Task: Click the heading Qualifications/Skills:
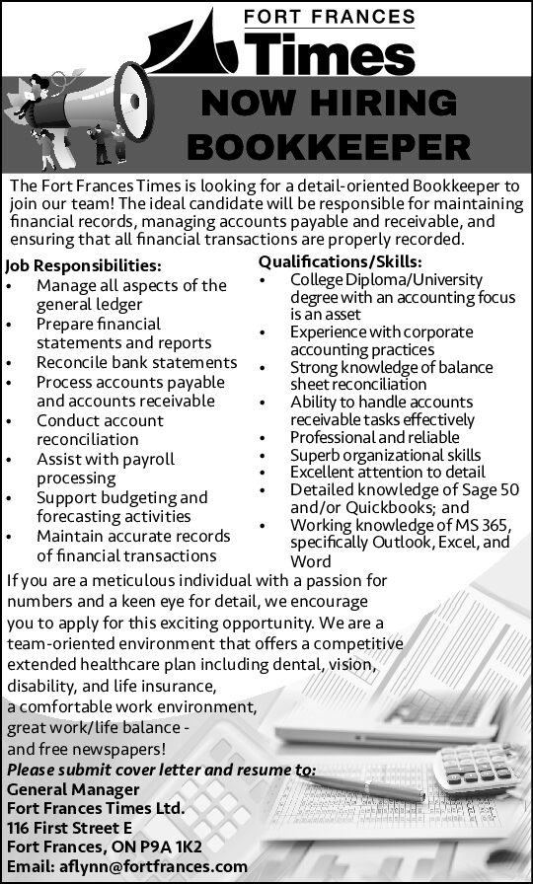pyautogui.click(x=341, y=261)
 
